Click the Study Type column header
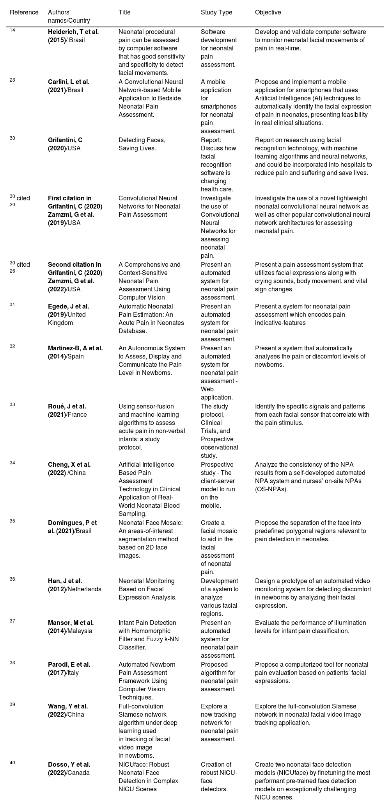[x=216, y=12]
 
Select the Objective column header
[x=268, y=12]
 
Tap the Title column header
[x=124, y=12]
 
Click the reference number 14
[x=12, y=30]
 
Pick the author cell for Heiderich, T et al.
[x=73, y=36]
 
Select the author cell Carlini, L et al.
[x=69, y=86]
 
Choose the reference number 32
[x=12, y=346]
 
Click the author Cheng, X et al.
[x=69, y=469]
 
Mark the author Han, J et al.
[x=74, y=585]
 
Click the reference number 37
[x=12, y=621]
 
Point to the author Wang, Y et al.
[x=67, y=710]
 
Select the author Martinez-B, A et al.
[x=75, y=352]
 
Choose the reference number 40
[x=12, y=763]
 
